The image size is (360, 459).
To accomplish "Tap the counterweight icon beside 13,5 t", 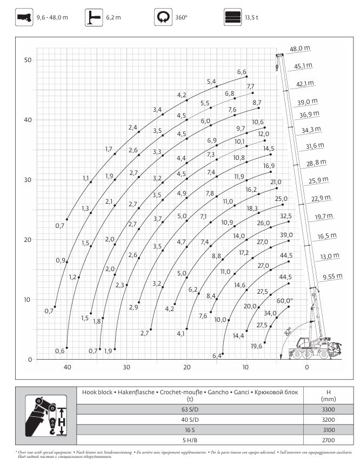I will pyautogui.click(x=232, y=17).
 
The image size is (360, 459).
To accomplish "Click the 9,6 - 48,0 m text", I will pyautogui.click(x=52, y=18).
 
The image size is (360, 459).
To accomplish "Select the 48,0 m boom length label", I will pyautogui.click(x=301, y=49).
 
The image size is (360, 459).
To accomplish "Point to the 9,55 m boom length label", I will pyautogui.click(x=332, y=276).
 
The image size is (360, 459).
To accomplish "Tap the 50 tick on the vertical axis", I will pyautogui.click(x=28, y=59).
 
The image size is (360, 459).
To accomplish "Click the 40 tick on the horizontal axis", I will pyautogui.click(x=68, y=368).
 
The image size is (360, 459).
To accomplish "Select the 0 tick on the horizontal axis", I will pyautogui.click(x=306, y=368).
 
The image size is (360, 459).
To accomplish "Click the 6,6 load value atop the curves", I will pyautogui.click(x=242, y=72).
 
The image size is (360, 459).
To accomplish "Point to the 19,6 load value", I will pyautogui.click(x=256, y=346).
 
